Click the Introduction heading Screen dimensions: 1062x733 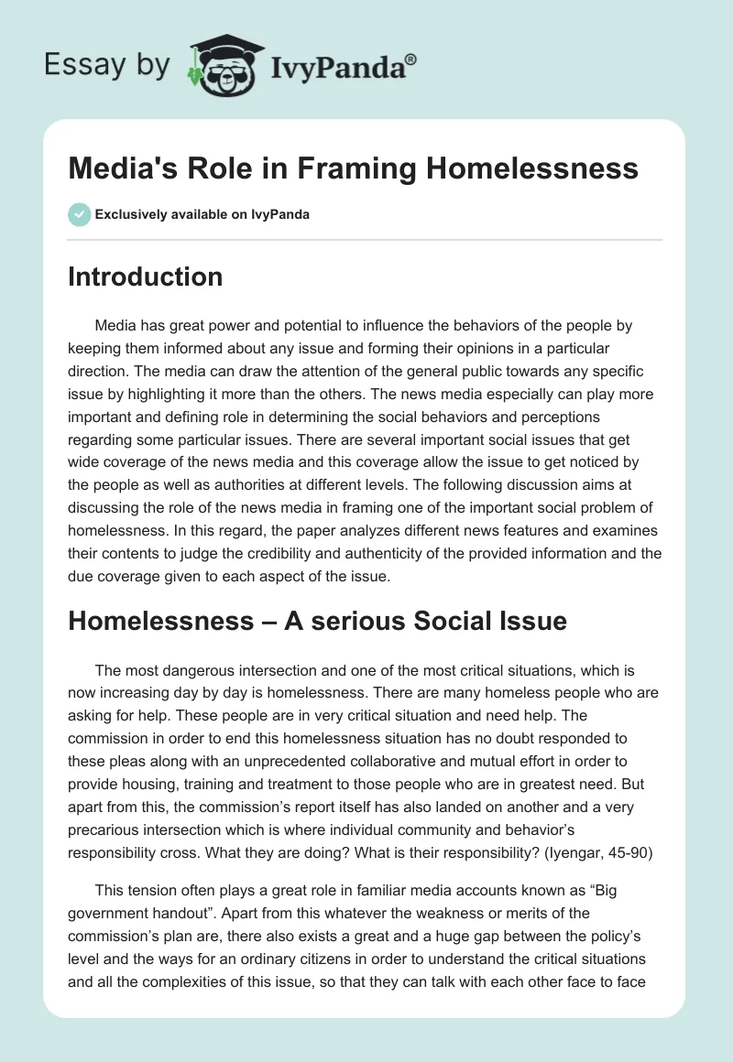145,276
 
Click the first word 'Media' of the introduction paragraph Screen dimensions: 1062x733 115,326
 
